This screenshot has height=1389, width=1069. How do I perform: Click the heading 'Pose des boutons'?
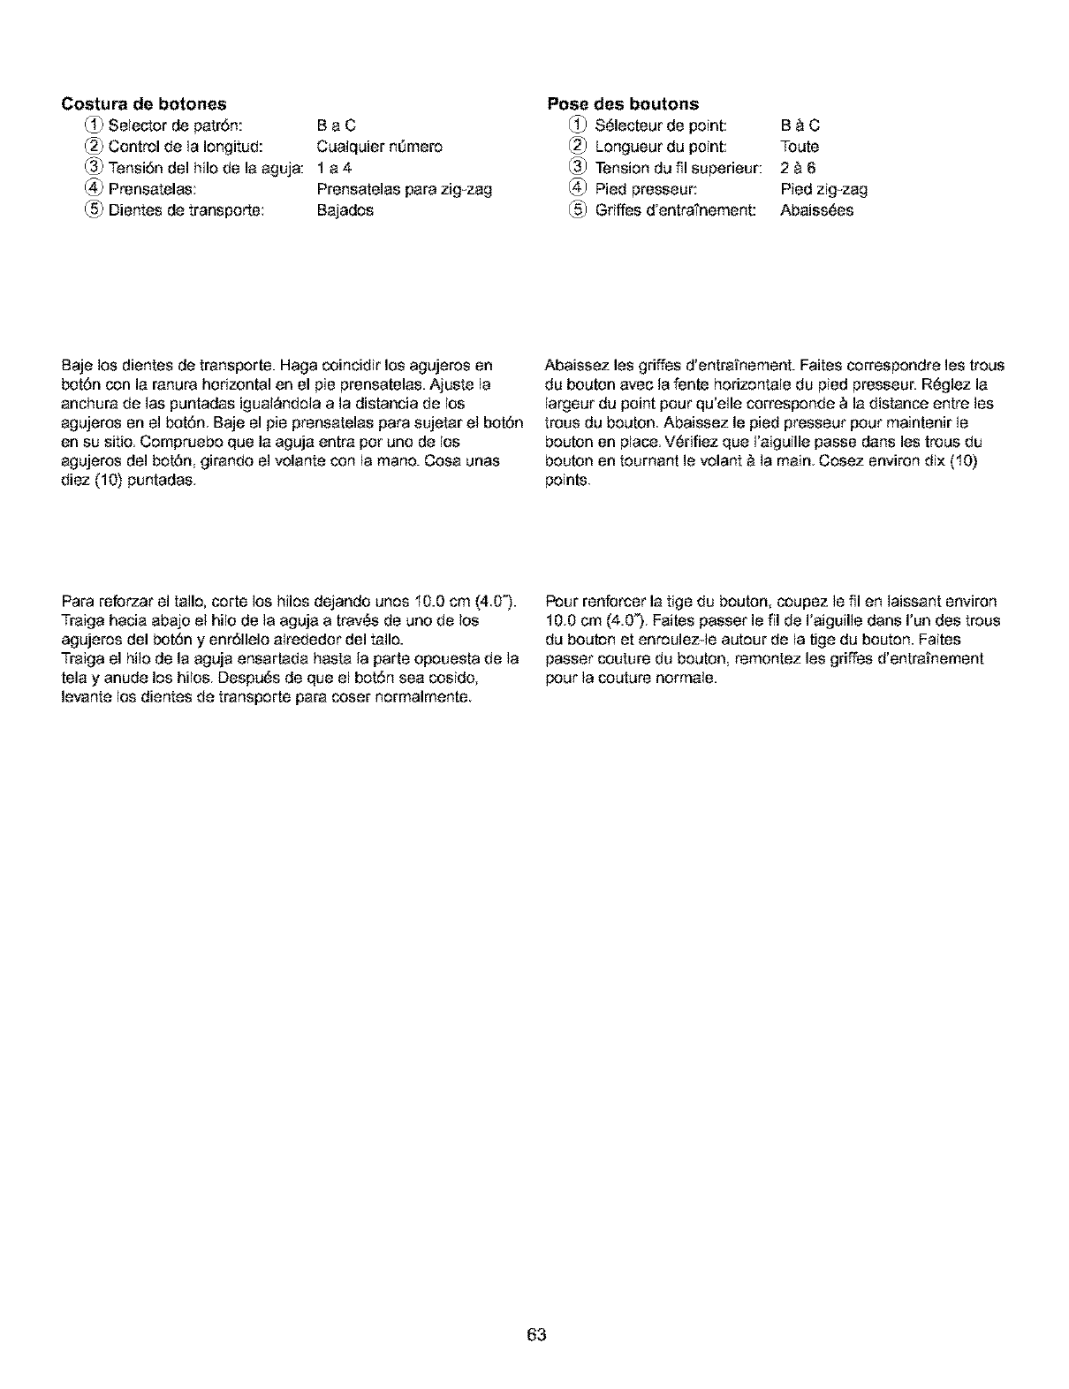622,104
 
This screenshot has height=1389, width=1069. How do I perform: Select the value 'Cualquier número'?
379,147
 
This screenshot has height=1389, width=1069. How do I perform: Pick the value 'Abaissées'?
817,210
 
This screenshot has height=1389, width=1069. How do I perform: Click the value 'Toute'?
800,147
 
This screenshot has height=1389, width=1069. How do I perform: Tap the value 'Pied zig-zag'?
824,189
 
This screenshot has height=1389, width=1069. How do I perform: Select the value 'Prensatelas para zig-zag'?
404,189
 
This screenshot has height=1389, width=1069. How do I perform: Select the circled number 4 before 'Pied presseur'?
577,189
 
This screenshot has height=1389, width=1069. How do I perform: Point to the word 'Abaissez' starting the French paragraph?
573,366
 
